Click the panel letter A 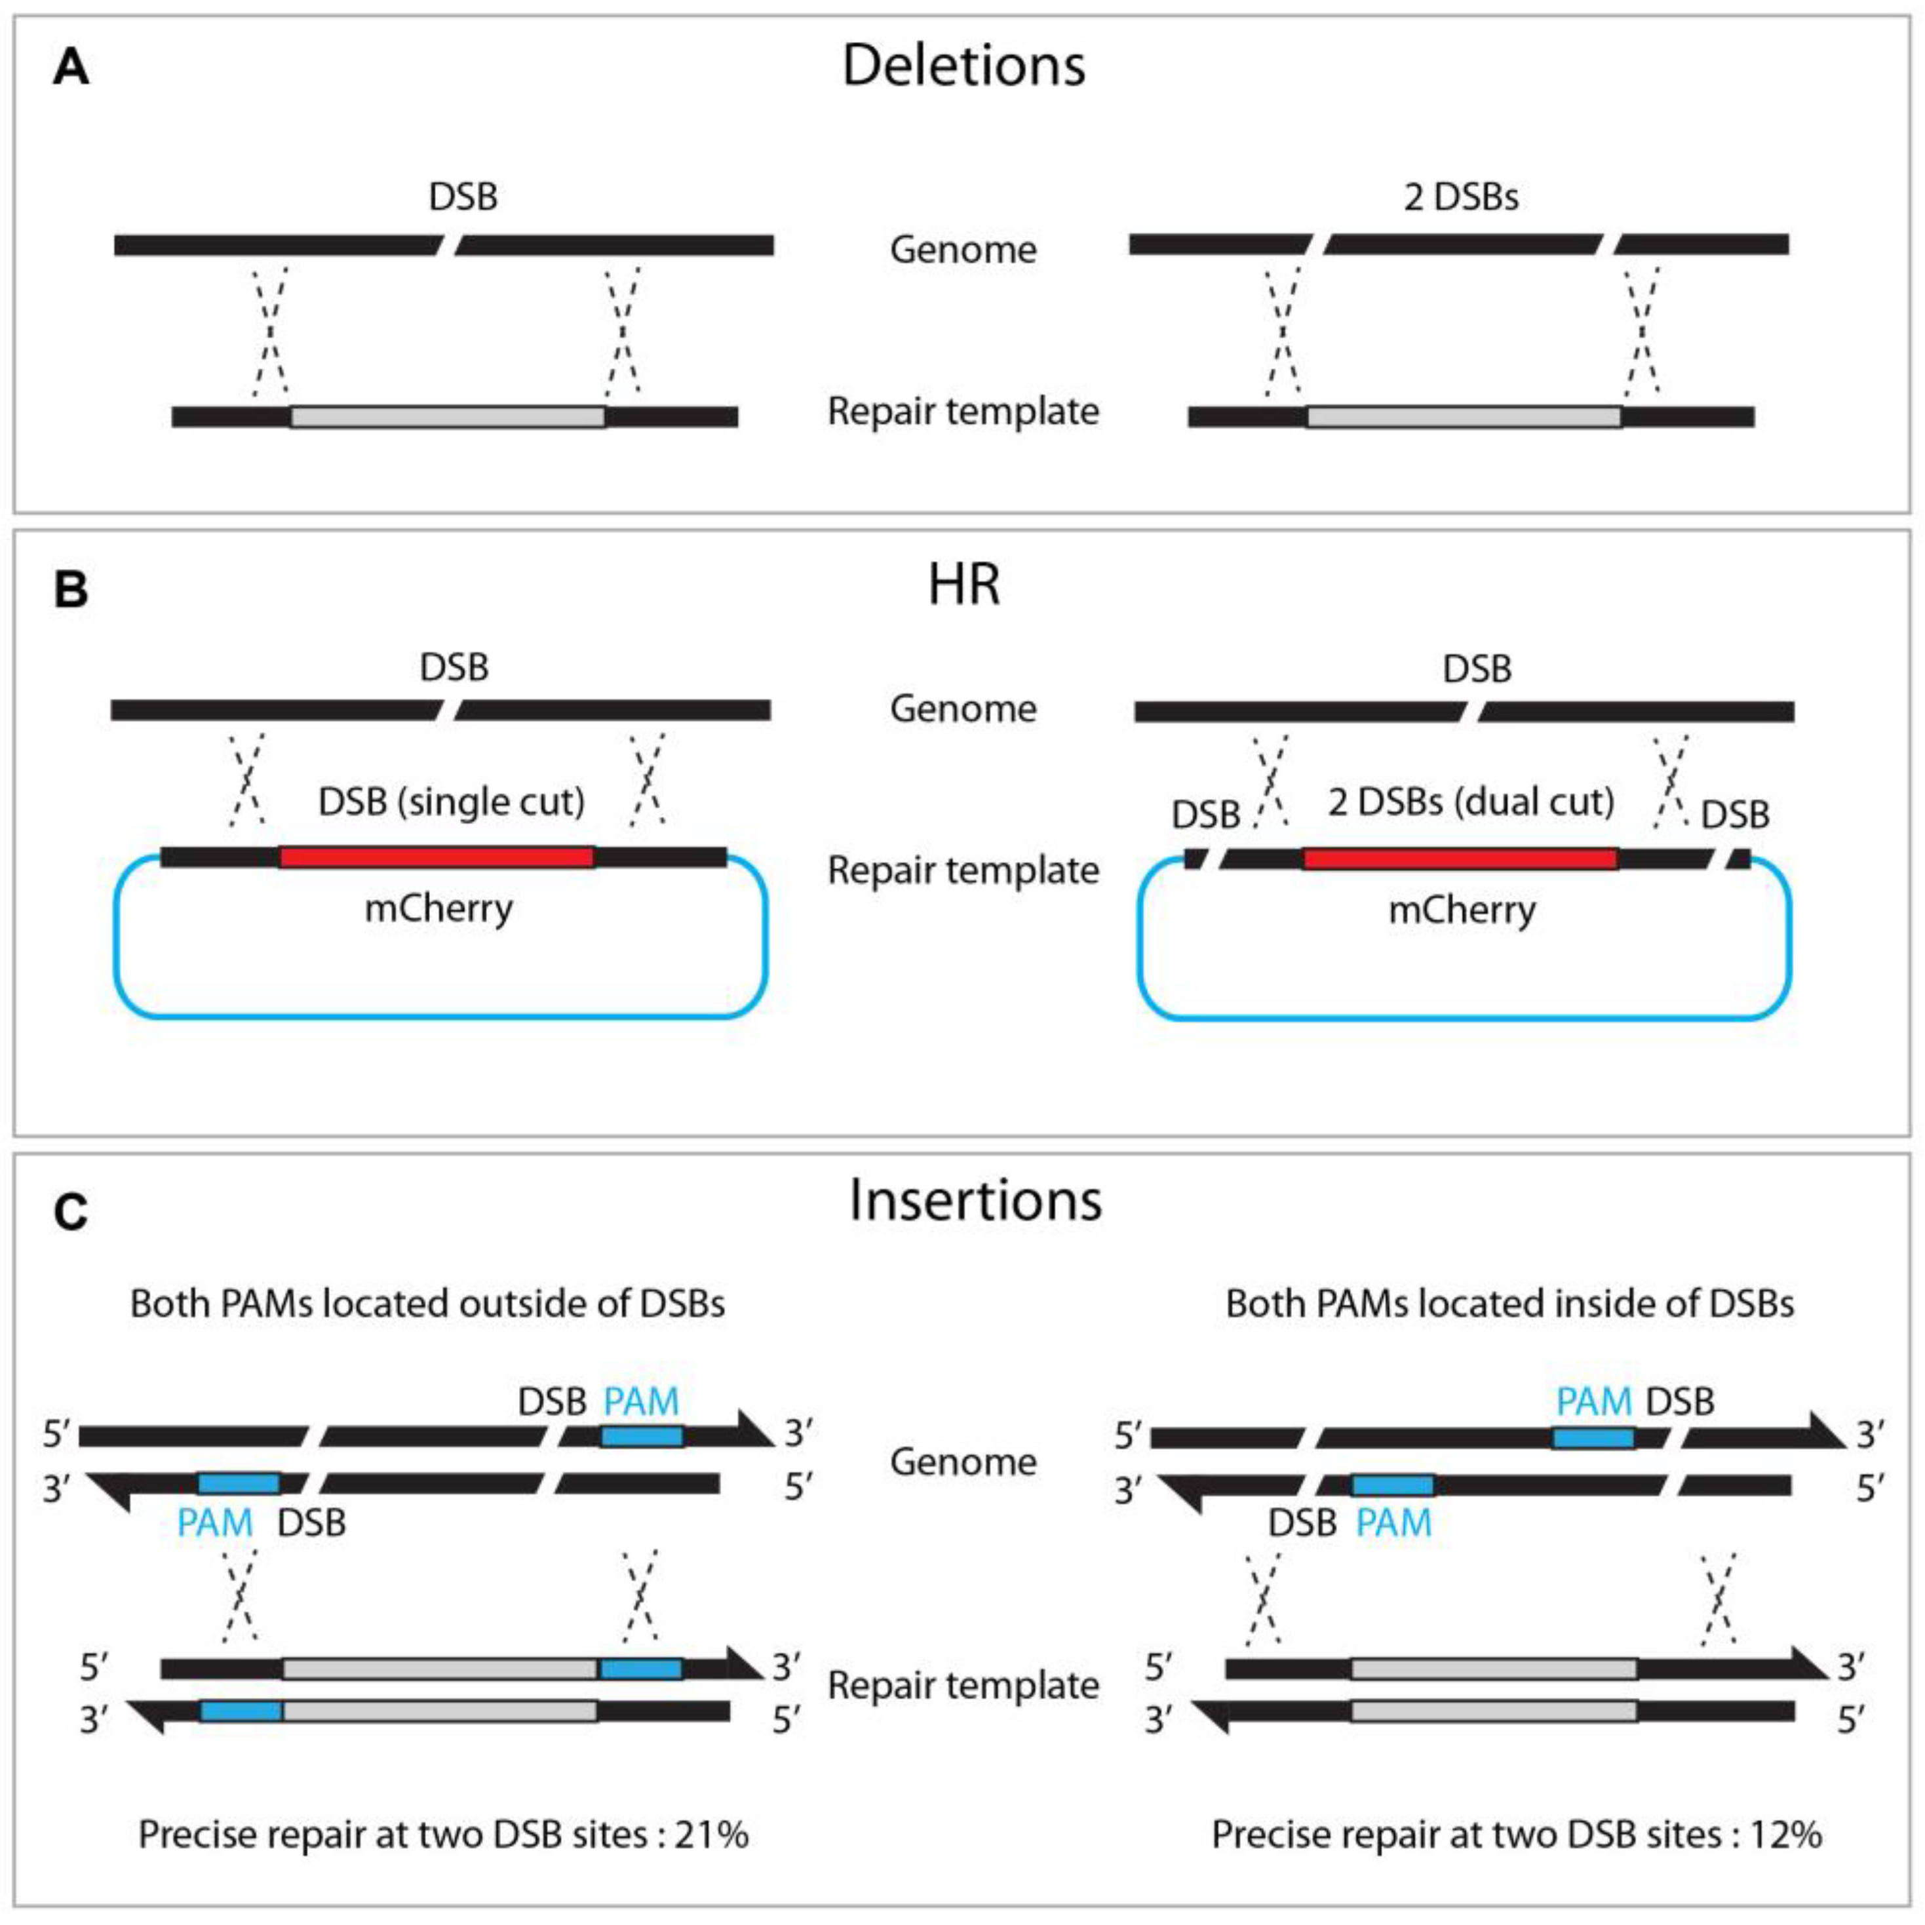[71, 69]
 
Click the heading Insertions [975, 1201]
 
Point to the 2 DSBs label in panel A [1461, 197]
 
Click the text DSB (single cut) [452, 802]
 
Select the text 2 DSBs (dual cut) [1471, 802]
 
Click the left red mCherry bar [437, 857]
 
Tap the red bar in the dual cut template [1460, 858]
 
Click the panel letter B [71, 590]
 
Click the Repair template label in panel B [963, 870]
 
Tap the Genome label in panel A [963, 249]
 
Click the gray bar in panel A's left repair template [448, 416]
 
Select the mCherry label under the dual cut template [1462, 910]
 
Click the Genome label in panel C [963, 1462]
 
